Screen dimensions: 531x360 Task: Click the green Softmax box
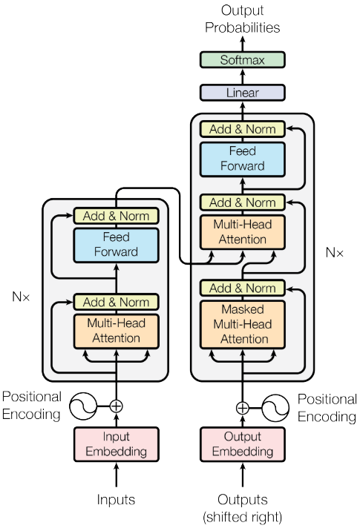coord(241,60)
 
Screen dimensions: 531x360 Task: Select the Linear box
coord(241,93)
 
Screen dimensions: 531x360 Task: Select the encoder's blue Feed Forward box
coord(116,244)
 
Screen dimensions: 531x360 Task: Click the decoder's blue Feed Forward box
coord(242,159)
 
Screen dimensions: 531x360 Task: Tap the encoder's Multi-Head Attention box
coord(116,331)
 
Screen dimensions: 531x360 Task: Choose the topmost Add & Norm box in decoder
coord(242,129)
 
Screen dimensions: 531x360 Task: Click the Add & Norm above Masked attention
coord(242,288)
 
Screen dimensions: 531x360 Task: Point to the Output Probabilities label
coord(241,20)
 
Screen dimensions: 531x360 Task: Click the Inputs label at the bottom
coord(116,500)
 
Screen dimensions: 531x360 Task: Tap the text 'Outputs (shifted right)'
coord(242,507)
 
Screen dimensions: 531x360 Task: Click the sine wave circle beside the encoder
coord(83,406)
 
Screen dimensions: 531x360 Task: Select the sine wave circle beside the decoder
coord(275,407)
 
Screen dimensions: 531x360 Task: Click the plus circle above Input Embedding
coord(116,406)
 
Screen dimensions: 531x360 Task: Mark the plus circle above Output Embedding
coord(242,407)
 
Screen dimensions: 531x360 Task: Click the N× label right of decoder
coord(335,252)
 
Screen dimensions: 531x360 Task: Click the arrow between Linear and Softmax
coord(241,76)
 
